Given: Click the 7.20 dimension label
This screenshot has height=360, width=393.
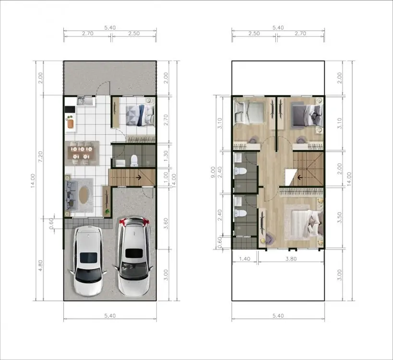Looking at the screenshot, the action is pyautogui.click(x=40, y=156).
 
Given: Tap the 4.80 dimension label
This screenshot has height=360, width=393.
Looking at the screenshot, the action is pyautogui.click(x=40, y=265).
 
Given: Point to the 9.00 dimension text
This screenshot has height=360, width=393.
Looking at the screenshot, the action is pyautogui.click(x=213, y=172).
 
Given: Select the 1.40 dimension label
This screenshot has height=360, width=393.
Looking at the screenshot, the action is pyautogui.click(x=245, y=259).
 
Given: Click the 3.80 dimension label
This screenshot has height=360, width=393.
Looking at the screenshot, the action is pyautogui.click(x=291, y=259).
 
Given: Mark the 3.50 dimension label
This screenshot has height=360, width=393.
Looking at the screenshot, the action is pyautogui.click(x=339, y=217).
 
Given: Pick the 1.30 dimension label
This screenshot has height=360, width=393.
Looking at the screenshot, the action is pyautogui.click(x=166, y=156).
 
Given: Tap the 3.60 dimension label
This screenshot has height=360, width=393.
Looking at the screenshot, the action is pyautogui.click(x=166, y=223).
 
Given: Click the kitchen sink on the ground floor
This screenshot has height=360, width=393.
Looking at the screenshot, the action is pyautogui.click(x=86, y=101).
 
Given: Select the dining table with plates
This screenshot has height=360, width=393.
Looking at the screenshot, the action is pyautogui.click(x=82, y=153).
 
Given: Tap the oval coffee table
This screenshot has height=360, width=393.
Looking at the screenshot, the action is pyautogui.click(x=84, y=195).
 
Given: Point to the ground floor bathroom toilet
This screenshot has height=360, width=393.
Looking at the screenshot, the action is pyautogui.click(x=135, y=160).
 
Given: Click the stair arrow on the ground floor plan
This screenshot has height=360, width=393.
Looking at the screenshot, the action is pyautogui.click(x=138, y=177).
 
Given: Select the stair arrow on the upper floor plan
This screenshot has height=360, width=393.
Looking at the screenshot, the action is pyautogui.click(x=300, y=178).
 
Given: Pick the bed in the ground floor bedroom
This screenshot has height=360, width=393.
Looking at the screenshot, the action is pyautogui.click(x=140, y=115).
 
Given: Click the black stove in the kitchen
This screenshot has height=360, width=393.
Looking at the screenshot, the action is pyautogui.click(x=70, y=109).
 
